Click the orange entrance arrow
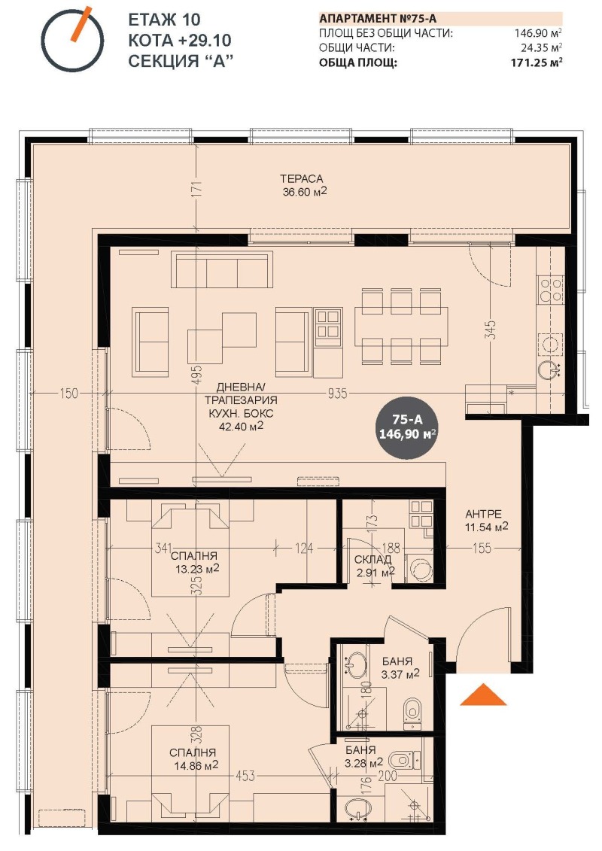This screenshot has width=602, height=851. click(483, 695)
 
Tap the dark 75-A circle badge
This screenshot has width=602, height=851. click(408, 427)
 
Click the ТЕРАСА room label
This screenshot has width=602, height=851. click(301, 178)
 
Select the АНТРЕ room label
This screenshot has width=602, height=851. click(483, 513)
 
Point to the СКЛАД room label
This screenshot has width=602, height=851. click(372, 560)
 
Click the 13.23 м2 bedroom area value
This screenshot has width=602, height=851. click(197, 569)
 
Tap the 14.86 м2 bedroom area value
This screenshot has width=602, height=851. click(194, 765)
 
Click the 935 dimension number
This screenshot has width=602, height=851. click(337, 393)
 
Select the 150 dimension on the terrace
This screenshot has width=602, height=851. click(69, 393)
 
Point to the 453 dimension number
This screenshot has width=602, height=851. click(245, 776)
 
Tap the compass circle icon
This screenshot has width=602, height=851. click(73, 41)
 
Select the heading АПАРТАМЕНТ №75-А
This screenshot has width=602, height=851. click(378, 19)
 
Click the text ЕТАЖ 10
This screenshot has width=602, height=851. click(164, 20)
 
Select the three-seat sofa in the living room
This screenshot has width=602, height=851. click(221, 269)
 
